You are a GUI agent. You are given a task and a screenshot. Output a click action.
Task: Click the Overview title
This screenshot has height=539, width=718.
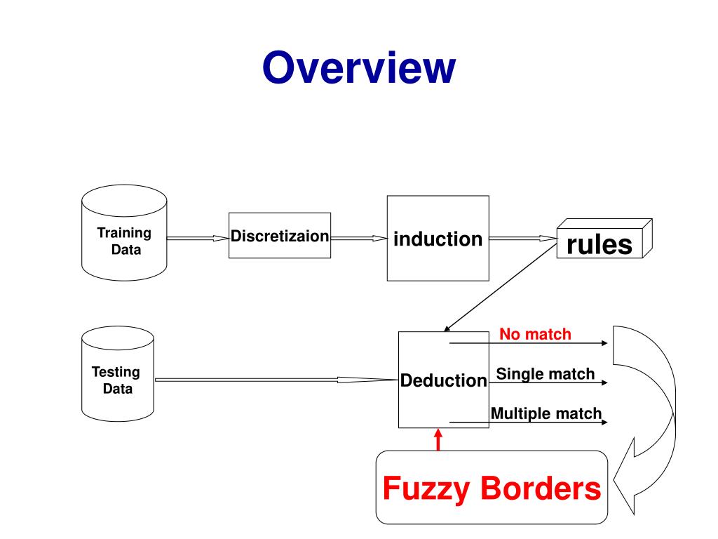(359, 67)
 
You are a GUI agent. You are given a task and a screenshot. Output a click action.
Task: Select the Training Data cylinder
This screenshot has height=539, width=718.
(124, 233)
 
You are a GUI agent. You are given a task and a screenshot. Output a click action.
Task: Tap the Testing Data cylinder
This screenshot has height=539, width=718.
(118, 373)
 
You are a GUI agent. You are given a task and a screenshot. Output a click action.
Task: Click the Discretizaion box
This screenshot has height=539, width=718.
(280, 236)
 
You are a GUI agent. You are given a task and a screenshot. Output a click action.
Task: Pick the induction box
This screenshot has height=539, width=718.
(438, 239)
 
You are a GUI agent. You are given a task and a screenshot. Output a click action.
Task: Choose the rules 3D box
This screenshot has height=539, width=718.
(604, 239)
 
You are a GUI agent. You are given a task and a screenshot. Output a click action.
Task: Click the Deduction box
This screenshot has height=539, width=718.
(443, 380)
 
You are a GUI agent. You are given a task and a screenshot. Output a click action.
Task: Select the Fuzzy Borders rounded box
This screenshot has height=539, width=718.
(492, 487)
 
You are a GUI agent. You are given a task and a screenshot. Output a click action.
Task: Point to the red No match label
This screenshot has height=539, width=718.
(535, 334)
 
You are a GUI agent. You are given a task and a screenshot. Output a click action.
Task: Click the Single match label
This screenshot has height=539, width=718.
(546, 374)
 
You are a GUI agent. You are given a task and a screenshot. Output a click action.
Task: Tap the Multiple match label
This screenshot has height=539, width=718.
(546, 413)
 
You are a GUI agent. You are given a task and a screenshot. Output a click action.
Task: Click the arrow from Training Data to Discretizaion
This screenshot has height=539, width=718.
(198, 239)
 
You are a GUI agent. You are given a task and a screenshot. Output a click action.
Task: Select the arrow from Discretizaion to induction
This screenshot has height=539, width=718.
(359, 239)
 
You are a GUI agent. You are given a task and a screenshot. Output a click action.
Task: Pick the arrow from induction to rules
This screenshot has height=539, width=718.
(523, 239)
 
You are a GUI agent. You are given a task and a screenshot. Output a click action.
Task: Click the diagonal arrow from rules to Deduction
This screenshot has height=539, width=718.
(501, 288)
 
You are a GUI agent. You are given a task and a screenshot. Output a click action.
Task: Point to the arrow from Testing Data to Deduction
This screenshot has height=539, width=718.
(276, 380)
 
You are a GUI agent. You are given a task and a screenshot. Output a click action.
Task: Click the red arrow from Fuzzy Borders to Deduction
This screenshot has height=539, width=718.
(438, 439)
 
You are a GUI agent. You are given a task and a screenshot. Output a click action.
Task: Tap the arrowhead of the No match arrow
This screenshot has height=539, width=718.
(605, 342)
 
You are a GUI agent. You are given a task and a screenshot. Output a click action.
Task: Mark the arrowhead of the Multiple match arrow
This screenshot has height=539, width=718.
(605, 422)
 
